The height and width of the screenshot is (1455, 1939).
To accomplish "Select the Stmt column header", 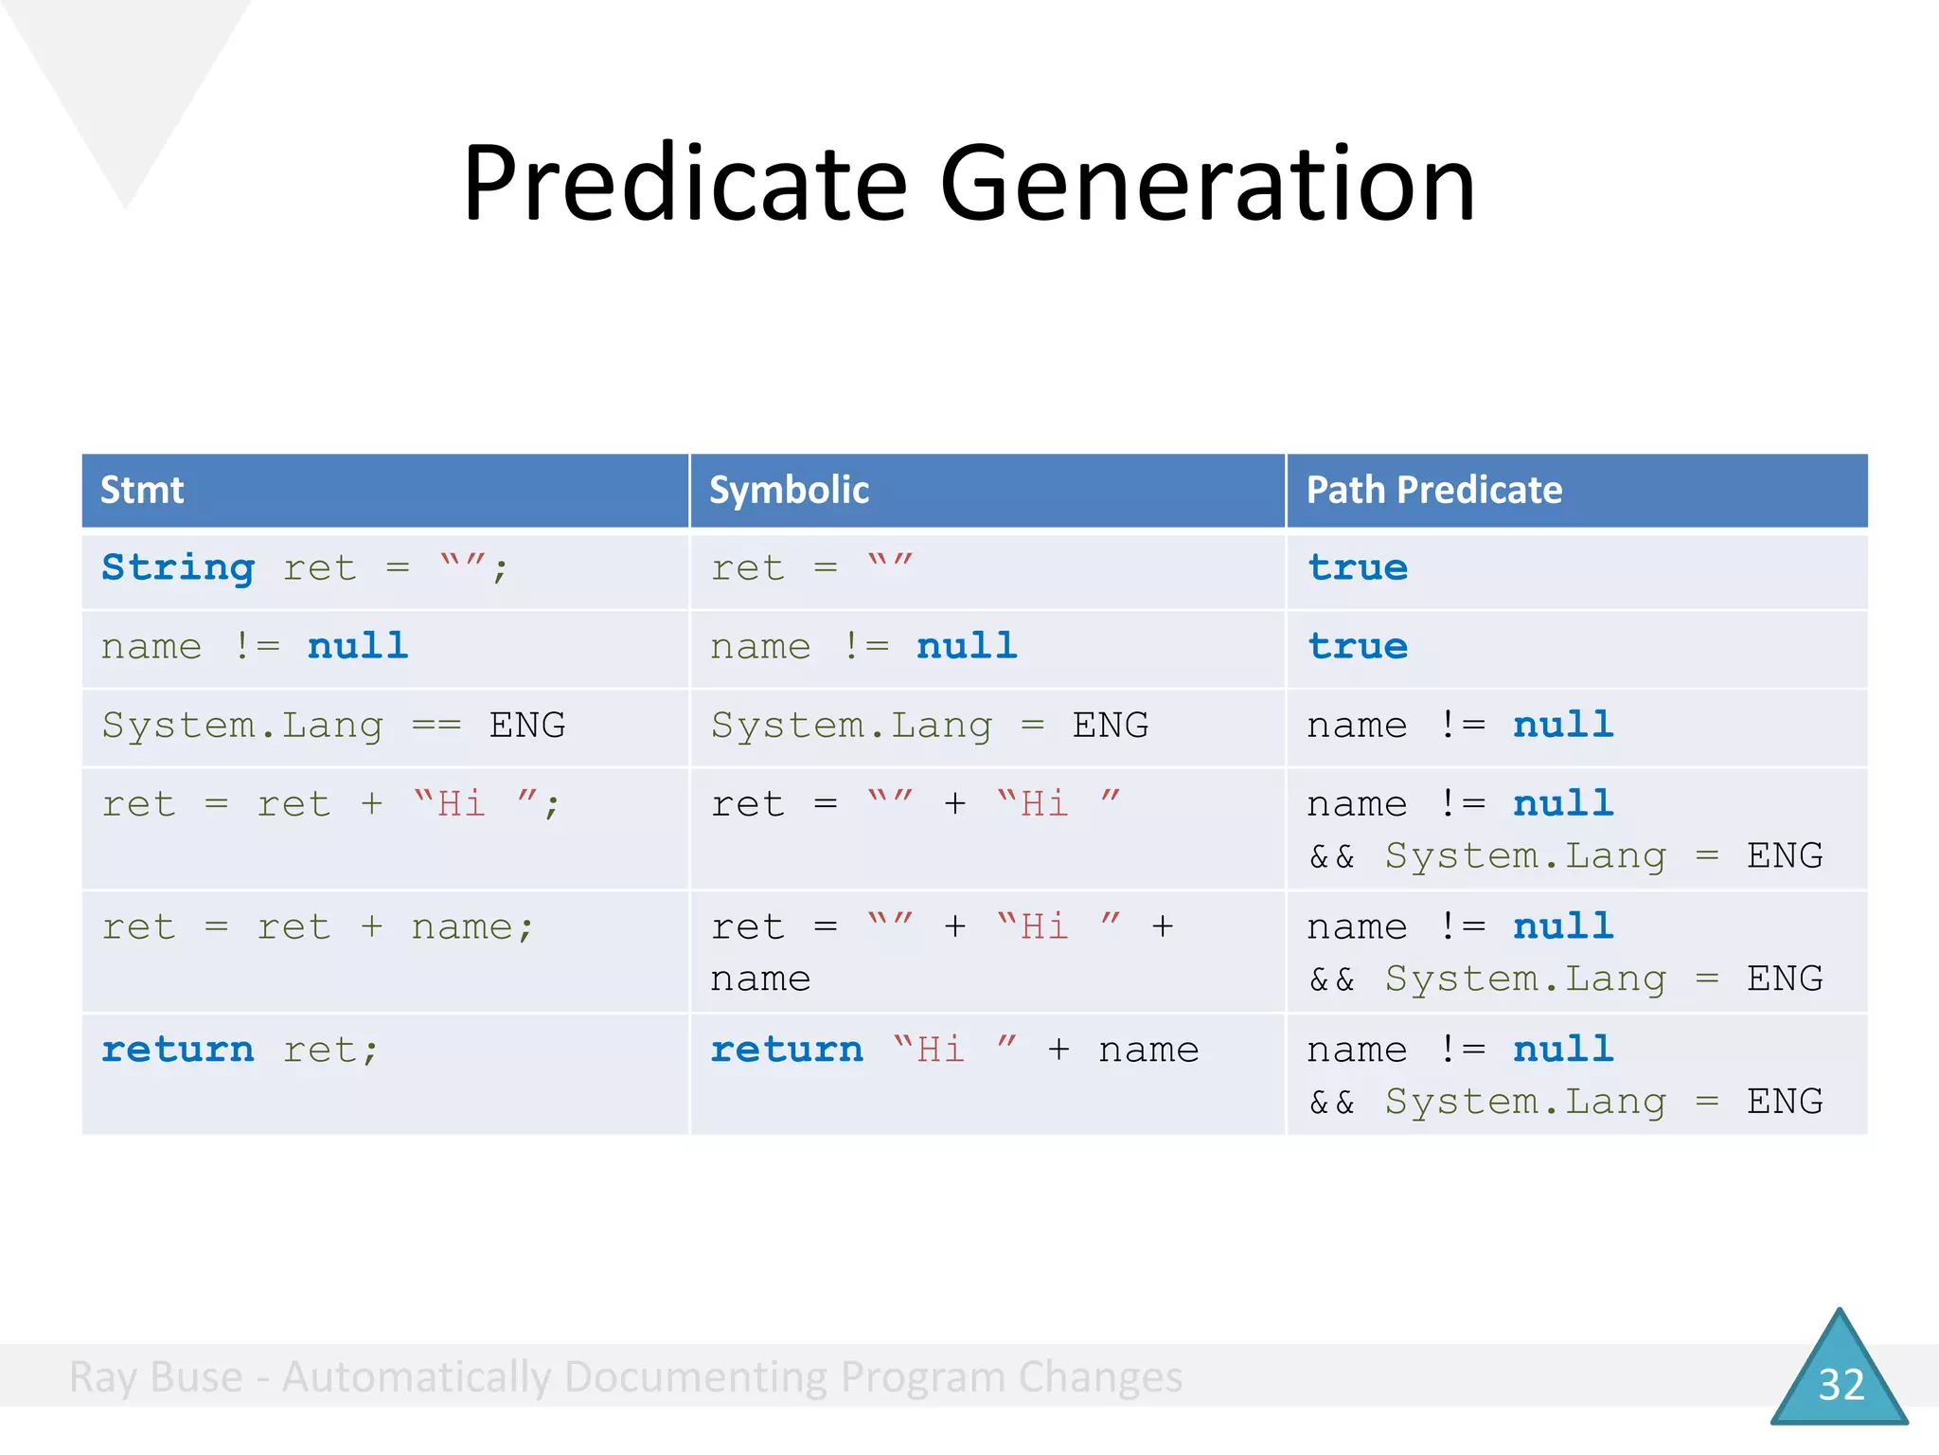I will pyautogui.click(x=142, y=490).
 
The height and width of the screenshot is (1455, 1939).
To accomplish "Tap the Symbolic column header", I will pyautogui.click(x=789, y=490).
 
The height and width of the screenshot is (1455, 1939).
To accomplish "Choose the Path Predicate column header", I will pyautogui.click(x=1433, y=490).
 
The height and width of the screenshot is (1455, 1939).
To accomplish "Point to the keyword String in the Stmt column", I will pyautogui.click(x=178, y=568).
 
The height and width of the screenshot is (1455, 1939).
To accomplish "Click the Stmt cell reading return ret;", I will pyautogui.click(x=240, y=1050).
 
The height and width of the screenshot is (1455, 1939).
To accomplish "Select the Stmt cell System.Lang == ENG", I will pyautogui.click(x=333, y=726).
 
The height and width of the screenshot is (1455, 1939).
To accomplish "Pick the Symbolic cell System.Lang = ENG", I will pyautogui.click(x=930, y=726).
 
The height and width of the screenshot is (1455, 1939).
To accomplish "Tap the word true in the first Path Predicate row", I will pyautogui.click(x=1358, y=568).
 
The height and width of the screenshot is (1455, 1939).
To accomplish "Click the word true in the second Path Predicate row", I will pyautogui.click(x=1358, y=647).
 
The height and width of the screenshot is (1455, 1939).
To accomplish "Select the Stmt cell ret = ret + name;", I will pyautogui.click(x=317, y=926).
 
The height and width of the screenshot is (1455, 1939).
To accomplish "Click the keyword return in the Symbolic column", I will pyautogui.click(x=787, y=1050).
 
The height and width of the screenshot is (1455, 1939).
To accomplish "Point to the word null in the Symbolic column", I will pyautogui.click(x=967, y=647).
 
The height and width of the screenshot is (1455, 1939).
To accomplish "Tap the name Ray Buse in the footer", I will pyautogui.click(x=156, y=1376).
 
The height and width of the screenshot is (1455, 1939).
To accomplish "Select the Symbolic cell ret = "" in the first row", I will pyautogui.click(x=811, y=568).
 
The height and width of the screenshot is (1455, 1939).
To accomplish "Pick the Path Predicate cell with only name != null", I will pyautogui.click(x=1459, y=726).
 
